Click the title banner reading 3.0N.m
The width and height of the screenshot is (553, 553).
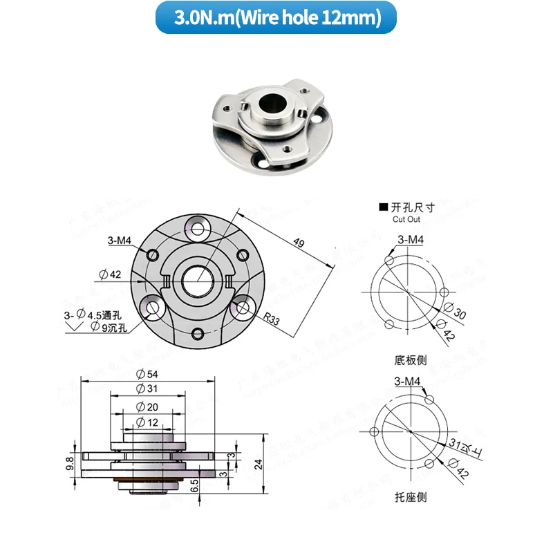[x=276, y=18]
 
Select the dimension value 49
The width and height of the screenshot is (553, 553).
[x=299, y=243]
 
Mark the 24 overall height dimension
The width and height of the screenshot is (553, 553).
[x=258, y=465]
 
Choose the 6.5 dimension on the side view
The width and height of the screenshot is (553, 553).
[x=195, y=484]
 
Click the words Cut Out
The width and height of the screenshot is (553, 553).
[x=406, y=219]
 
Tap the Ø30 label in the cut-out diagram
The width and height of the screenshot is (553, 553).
[x=459, y=315]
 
